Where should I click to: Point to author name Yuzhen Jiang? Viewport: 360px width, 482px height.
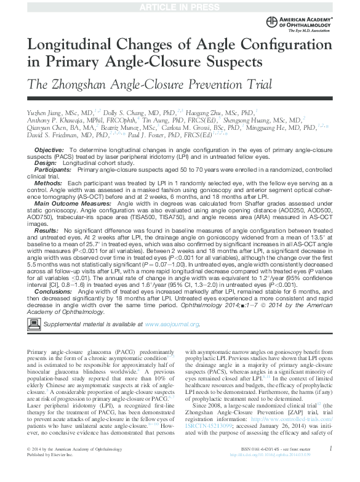point(44,113)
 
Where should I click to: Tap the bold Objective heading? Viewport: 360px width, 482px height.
point(49,150)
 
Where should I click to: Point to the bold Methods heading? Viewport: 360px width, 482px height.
point(47,183)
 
